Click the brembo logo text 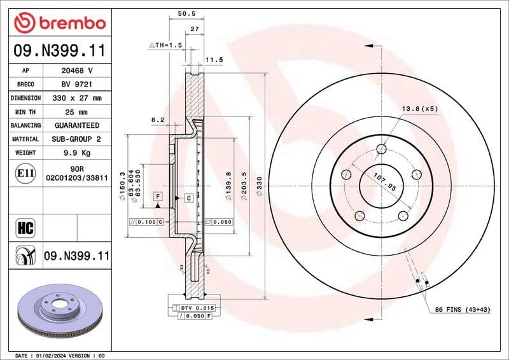point(69,23)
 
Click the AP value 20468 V point(76,71)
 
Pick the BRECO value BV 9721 point(76,84)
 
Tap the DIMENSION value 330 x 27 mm point(76,98)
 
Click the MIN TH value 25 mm point(76,112)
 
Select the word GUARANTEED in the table point(76,125)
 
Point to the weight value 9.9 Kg point(76,153)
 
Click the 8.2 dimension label point(158,119)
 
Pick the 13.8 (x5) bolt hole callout point(419,109)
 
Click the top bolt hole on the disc point(381,149)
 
